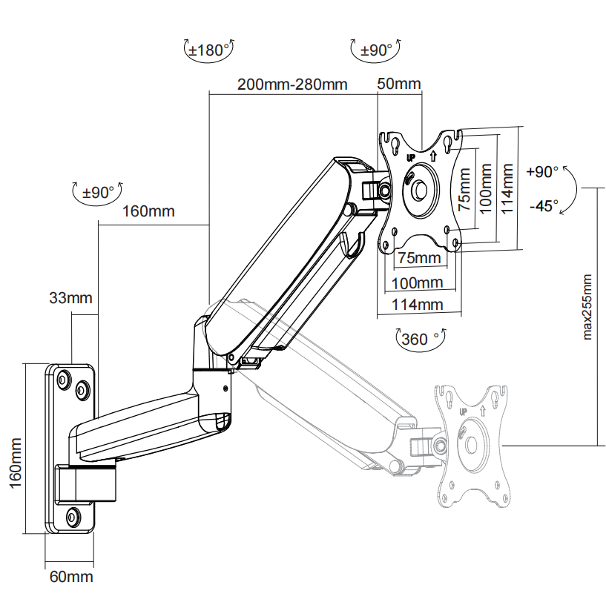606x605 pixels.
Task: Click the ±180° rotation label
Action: click(x=208, y=50)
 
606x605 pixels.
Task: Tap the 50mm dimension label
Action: click(x=398, y=84)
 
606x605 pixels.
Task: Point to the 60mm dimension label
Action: click(x=70, y=576)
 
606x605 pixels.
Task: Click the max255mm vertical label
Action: click(x=587, y=307)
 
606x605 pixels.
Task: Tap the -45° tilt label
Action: click(x=544, y=206)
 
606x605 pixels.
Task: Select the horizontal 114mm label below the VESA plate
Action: click(x=417, y=304)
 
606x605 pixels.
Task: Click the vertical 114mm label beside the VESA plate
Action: click(x=507, y=189)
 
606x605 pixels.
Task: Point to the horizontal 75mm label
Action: click(x=418, y=258)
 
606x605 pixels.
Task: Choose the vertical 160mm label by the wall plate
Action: click(x=16, y=460)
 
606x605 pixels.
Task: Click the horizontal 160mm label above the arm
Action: click(x=148, y=211)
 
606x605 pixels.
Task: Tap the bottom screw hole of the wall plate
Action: click(x=73, y=516)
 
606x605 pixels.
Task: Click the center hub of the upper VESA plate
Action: click(x=420, y=189)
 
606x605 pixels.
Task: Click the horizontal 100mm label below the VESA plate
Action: click(x=416, y=282)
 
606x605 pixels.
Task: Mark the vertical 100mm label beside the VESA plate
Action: click(x=486, y=190)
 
